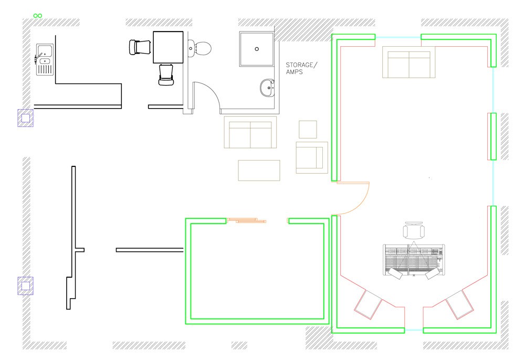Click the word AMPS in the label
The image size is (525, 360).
point(295,72)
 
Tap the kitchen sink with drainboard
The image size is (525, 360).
point(45,59)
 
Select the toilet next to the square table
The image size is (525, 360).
point(199,48)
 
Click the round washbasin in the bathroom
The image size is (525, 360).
point(268,88)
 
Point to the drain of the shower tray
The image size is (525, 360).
point(257,49)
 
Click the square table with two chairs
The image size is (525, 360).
point(168,47)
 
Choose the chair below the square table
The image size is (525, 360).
point(166,75)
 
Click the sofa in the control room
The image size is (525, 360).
point(409,62)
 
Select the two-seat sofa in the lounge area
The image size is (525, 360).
point(250,132)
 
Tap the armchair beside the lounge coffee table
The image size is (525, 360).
point(312,157)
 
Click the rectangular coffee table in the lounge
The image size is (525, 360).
point(259,171)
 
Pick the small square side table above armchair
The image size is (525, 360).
point(308,130)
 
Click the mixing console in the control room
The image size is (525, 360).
point(414,260)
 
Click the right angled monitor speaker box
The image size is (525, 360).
point(459,304)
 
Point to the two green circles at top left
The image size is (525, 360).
point(38,16)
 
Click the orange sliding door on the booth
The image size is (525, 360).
point(247,220)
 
